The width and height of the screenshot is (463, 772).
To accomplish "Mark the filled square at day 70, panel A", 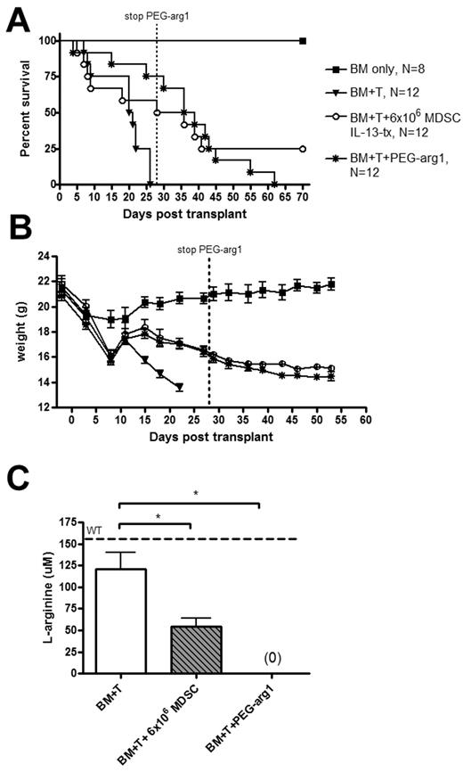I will [303, 41].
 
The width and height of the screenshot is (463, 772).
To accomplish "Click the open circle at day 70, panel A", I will [303, 149].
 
